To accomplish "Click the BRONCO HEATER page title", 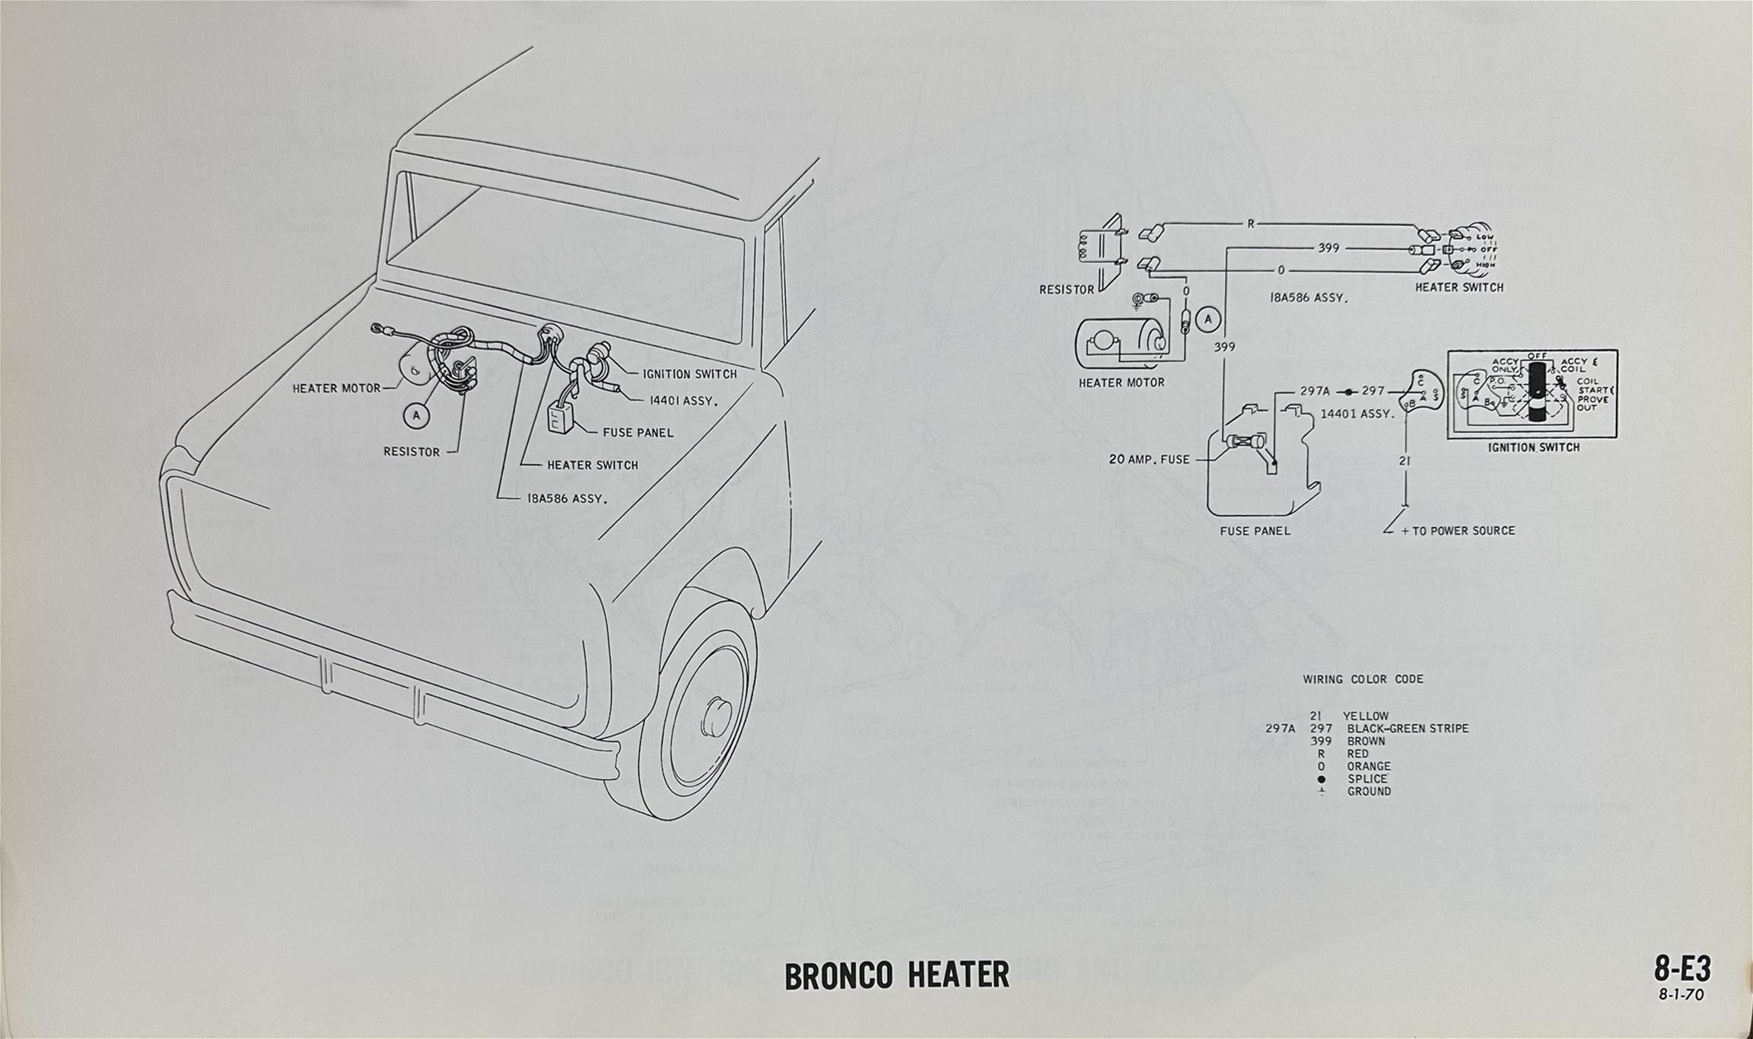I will coord(896,975).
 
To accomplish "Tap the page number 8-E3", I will coord(1681,969).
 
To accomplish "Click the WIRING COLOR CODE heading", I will coord(1363,679).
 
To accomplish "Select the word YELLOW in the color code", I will coord(1366,716).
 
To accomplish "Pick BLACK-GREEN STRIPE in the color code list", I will coord(1408,729).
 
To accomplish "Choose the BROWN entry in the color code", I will coord(1366,741).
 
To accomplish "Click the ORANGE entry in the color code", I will coord(1369,766).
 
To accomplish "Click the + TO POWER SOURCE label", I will coord(1457,531).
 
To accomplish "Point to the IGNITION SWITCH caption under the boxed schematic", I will coord(1533,447).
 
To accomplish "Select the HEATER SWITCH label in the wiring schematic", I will coord(1459,288).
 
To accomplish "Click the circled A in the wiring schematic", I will coord(1208,320).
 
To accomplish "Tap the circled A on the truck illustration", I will coord(416,415).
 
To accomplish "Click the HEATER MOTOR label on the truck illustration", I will coord(336,389).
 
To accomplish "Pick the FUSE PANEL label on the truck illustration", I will coord(638,433).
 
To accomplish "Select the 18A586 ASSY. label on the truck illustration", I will coord(568,499).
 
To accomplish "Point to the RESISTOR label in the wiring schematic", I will coord(1066,290).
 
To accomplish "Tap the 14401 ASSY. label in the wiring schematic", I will coord(1357,414).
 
